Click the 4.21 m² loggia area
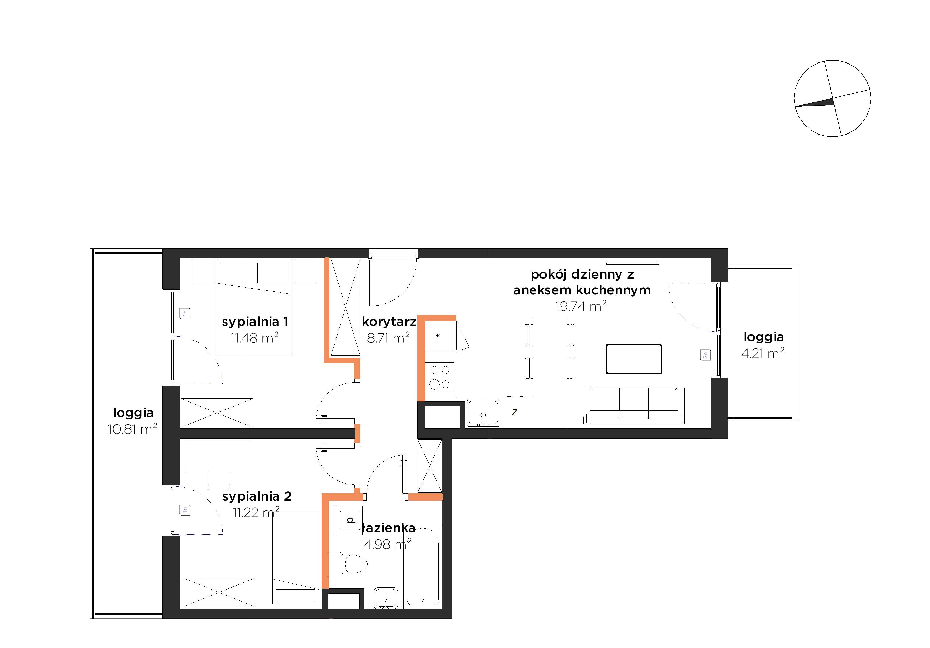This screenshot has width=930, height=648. (763, 353)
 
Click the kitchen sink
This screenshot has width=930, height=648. (483, 413)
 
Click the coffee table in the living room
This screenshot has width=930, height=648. (634, 359)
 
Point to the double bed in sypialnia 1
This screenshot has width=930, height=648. (254, 307)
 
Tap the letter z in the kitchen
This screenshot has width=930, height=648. (515, 412)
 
